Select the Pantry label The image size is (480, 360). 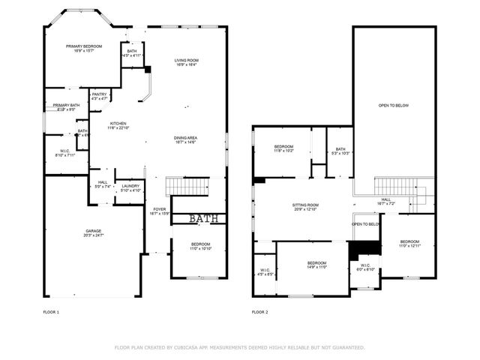coord(99,96)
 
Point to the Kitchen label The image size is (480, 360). coord(118,125)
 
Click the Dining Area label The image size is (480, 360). coord(185,140)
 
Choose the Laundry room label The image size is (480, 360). coord(130,187)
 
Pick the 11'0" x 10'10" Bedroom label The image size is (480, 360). coord(200,246)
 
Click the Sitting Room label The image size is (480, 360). coord(305,206)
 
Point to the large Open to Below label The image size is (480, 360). coord(394,106)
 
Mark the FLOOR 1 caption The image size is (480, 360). coord(52,311)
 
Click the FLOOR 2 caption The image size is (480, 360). coord(259,311)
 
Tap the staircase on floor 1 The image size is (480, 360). coord(185,185)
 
